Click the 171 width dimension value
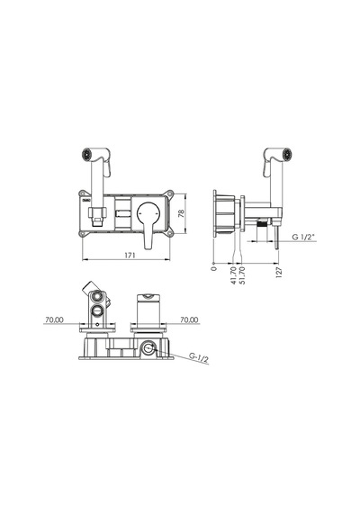coord(130,256)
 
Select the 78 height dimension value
coord(181,213)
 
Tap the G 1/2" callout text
coord(303,237)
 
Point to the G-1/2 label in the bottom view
coord(199,357)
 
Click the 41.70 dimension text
coord(233,275)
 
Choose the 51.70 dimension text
coord(242,275)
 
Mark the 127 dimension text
coord(279,272)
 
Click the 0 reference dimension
coord(214,268)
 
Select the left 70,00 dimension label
coord(54,319)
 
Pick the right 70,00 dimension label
coord(189,319)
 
